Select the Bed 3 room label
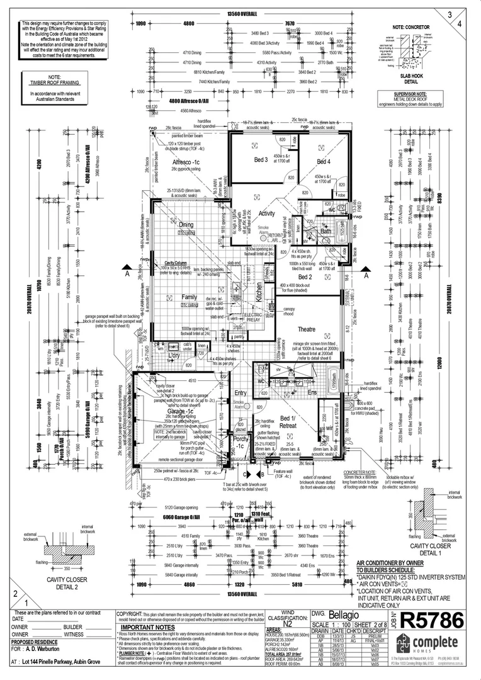pyautogui.click(x=261, y=160)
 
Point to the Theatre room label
pyautogui.click(x=307, y=329)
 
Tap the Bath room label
pyautogui.click(x=325, y=231)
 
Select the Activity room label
pyautogui.click(x=266, y=213)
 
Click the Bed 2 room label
pyautogui.click(x=305, y=276)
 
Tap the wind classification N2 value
pyautogui.click(x=286, y=625)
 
